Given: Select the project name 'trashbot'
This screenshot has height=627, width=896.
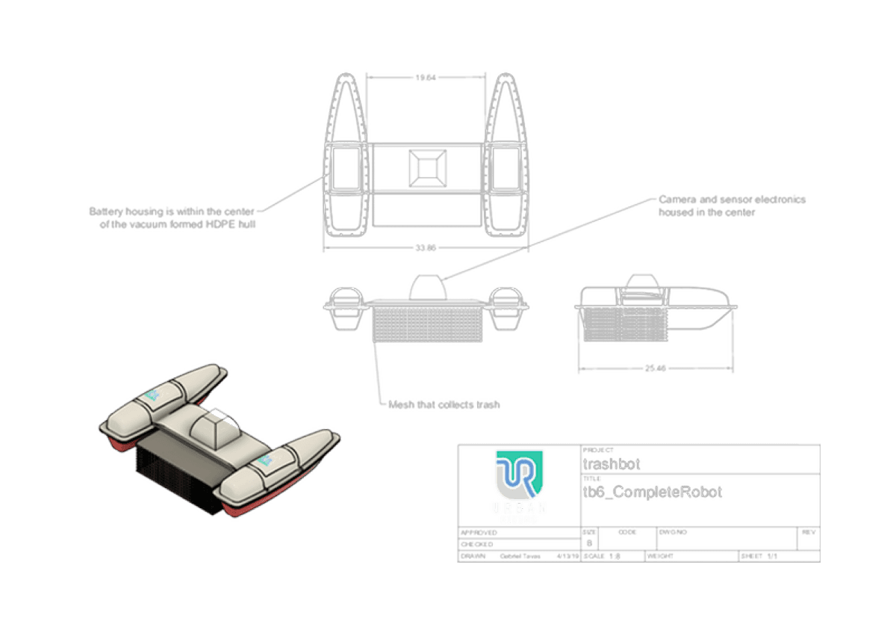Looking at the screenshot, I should pyautogui.click(x=612, y=464).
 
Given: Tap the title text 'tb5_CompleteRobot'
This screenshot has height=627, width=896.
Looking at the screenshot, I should pyautogui.click(x=654, y=494).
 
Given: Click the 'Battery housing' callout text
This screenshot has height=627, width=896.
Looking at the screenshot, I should pyautogui.click(x=172, y=217).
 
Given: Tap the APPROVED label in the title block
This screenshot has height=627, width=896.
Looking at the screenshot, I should pyautogui.click(x=478, y=532).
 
